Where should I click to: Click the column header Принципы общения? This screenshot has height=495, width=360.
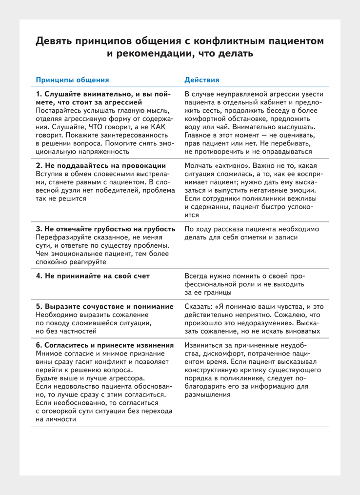click(73, 79)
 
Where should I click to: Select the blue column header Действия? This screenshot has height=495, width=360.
click(202, 79)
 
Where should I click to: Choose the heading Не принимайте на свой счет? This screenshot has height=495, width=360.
click(93, 276)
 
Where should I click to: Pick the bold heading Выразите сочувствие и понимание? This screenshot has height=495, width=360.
click(105, 306)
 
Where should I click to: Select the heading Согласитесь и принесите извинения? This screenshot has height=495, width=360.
click(105, 344)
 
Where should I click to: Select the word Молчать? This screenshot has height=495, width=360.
click(200, 165)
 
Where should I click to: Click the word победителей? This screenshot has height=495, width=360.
click(105, 190)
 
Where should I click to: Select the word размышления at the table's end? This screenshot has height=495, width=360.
click(208, 395)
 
